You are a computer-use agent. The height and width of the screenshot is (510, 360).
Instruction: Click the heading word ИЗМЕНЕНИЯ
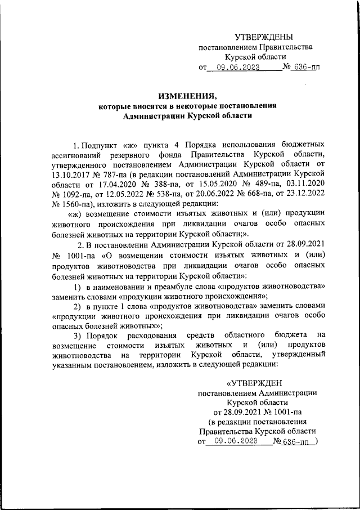coord(179,95)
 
